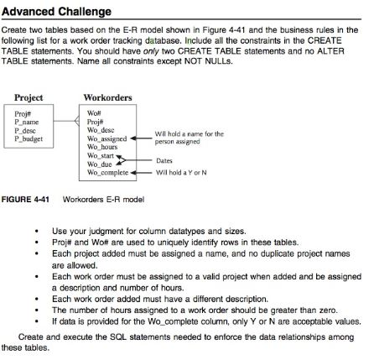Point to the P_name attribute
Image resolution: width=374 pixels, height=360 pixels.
(29, 122)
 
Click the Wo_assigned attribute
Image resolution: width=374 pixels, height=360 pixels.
(106, 138)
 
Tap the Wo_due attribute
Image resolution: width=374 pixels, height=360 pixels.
(99, 164)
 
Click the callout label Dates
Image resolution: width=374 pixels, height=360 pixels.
(164, 160)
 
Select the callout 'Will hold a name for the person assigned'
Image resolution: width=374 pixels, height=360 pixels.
(190, 138)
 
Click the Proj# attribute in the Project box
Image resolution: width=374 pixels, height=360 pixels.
(23, 113)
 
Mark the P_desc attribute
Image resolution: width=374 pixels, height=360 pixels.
(27, 130)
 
